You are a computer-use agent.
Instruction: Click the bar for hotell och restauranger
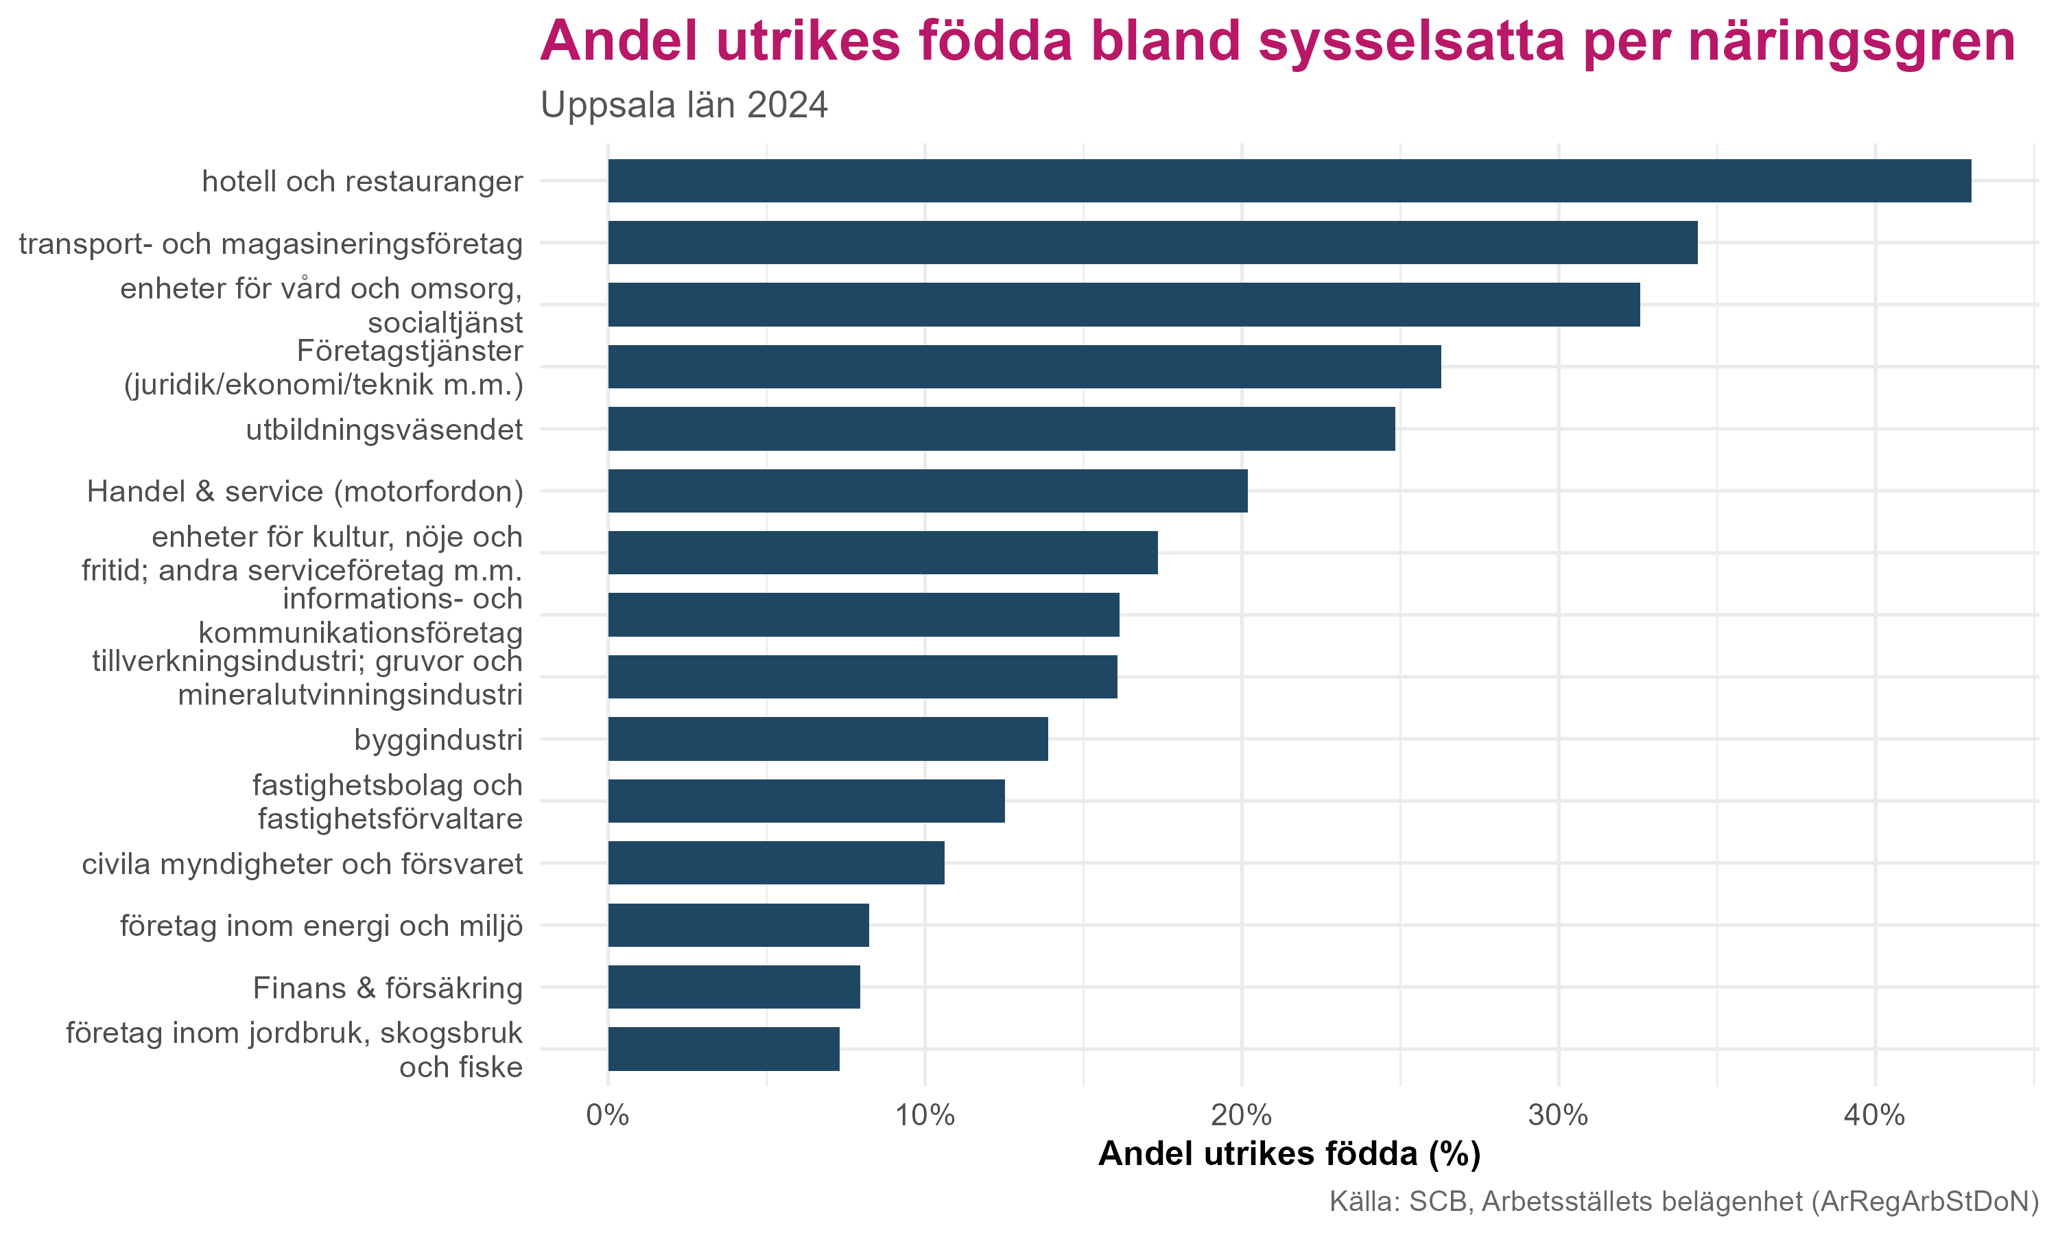pos(1290,180)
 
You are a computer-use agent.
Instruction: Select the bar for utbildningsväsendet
pos(1001,429)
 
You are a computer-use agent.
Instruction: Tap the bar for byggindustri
pos(828,739)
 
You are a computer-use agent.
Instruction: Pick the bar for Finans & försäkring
pos(734,987)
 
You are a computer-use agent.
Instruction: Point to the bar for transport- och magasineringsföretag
pos(1152,242)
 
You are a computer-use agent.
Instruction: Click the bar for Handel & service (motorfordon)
pos(927,491)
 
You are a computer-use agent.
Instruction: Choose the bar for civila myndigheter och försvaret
pos(776,863)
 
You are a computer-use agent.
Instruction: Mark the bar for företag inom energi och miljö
pos(738,925)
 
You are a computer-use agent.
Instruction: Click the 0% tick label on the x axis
pos(607,1115)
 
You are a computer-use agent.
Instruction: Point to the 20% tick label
pos(1241,1115)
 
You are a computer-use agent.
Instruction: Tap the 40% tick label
pos(1874,1115)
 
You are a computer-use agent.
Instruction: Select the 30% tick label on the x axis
pos(1557,1115)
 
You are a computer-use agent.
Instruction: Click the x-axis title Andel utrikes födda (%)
pos(1290,1154)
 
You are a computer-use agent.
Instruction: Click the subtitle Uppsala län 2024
pos(684,106)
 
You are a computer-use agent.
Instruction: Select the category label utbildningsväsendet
pos(384,430)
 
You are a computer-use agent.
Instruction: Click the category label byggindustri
pos(438,740)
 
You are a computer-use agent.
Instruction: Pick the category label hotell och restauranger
pos(363,181)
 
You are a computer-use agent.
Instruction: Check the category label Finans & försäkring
pos(388,988)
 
